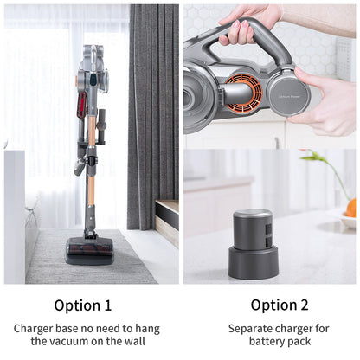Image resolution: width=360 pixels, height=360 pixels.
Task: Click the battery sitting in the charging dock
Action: (253, 228)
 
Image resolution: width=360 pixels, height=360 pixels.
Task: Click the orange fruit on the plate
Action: (350, 208)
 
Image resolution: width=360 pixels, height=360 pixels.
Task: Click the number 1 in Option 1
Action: (107, 305)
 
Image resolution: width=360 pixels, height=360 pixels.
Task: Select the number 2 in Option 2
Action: (304, 305)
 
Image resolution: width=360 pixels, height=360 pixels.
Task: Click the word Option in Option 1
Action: (77, 305)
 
